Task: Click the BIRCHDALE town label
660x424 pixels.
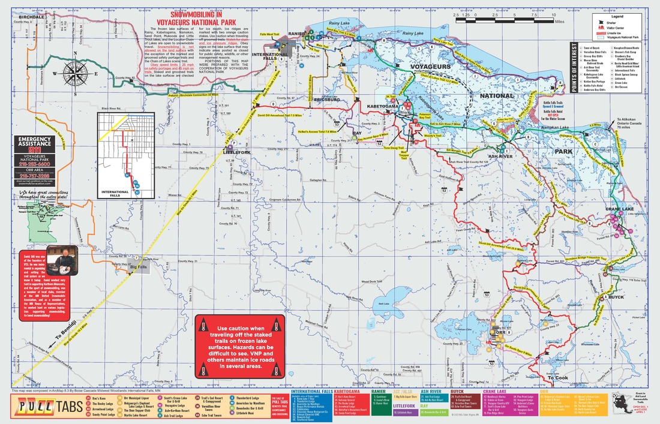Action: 31,17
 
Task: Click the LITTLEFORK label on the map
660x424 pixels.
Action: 236,152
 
